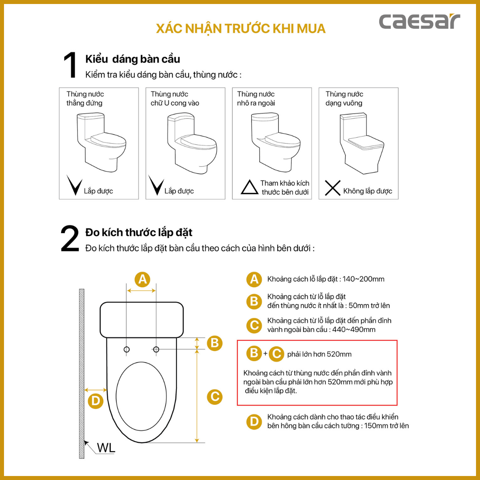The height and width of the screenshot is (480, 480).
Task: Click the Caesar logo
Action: point(420,22)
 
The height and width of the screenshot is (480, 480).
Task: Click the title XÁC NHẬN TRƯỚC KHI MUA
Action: point(241,28)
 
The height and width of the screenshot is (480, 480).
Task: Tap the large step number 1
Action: point(70,65)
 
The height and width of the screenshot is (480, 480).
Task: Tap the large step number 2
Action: point(70,238)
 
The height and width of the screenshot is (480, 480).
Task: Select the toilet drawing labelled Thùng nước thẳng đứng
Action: point(101,142)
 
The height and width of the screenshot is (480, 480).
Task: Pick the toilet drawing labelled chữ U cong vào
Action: point(192,143)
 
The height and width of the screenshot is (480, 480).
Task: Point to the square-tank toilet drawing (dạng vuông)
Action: point(362,143)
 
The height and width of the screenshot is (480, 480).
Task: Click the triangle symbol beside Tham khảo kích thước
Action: point(249,187)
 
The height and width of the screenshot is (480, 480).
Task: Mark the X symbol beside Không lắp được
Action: point(332,188)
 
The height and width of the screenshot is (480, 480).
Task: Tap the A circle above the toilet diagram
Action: point(142,279)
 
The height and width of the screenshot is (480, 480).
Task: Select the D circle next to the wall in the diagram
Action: point(96,401)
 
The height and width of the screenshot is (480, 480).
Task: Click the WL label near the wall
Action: point(106,448)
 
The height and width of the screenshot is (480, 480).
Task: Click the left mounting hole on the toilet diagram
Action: point(126,350)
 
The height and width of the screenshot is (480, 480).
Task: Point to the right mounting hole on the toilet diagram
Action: point(156,350)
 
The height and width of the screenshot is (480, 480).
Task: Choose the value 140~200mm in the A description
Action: point(364,279)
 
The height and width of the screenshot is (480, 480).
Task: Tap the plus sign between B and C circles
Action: point(265,354)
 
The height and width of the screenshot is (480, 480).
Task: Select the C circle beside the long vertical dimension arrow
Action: point(215,397)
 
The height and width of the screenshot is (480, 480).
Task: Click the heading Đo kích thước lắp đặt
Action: point(139,233)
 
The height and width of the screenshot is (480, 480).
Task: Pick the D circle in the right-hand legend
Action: point(254,422)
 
